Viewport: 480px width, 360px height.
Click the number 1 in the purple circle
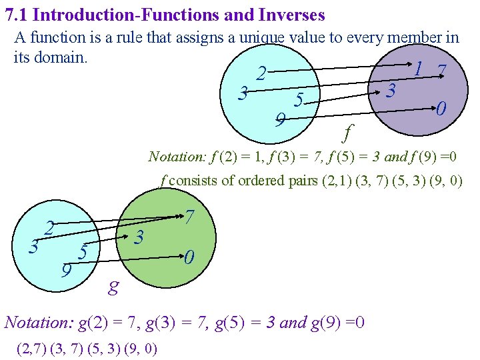[418, 69]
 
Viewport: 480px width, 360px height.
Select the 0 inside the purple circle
[441, 108]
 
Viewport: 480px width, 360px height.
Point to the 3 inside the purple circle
[393, 91]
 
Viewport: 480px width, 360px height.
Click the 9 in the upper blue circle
[281, 120]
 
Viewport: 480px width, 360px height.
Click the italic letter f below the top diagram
[347, 133]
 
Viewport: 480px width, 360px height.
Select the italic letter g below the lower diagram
[114, 287]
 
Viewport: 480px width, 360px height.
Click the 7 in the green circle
[190, 217]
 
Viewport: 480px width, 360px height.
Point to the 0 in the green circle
[190, 257]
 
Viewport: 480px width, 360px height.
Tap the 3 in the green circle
[139, 237]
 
